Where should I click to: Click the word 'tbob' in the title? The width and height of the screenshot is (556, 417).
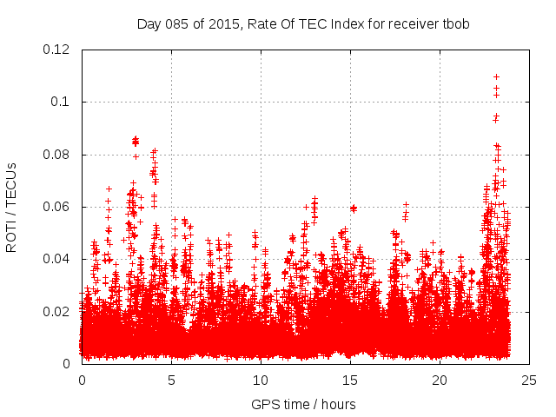click(456, 24)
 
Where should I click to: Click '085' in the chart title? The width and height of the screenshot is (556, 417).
click(176, 24)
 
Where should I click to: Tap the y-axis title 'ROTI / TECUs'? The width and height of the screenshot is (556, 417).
click(12, 207)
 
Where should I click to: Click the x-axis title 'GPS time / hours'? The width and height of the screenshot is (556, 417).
click(303, 404)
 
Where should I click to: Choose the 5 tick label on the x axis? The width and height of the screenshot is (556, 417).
click(171, 380)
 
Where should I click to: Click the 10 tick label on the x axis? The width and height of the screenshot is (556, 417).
click(261, 380)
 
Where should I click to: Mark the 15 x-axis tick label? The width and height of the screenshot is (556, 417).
click(350, 380)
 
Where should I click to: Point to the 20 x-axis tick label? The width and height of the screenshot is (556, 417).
click(440, 380)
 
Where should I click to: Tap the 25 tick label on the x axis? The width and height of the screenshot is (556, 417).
click(529, 380)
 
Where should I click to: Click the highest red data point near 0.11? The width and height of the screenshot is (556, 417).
click(496, 76)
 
